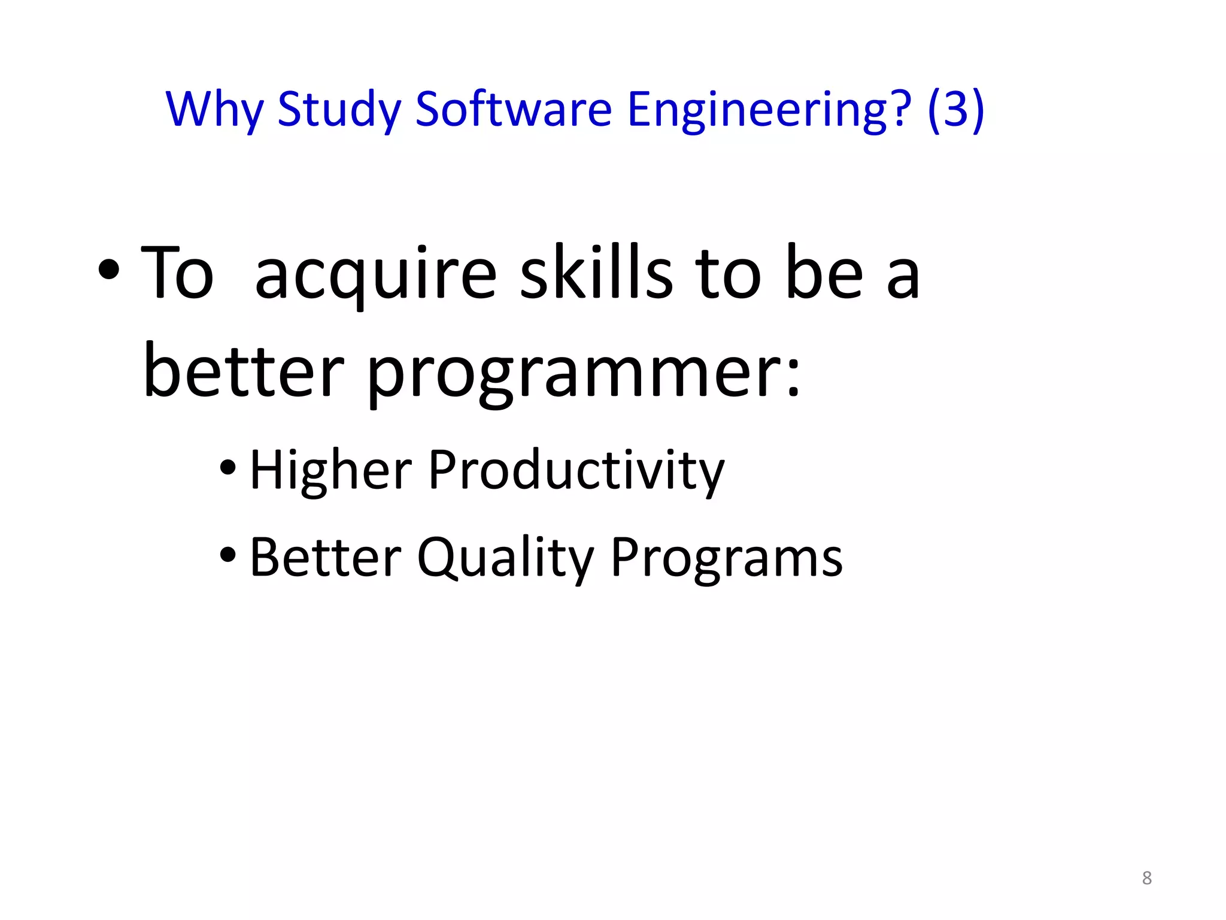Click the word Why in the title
click(x=214, y=110)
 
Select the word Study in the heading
click(x=339, y=110)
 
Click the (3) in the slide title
click(x=955, y=110)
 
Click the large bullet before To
click(x=109, y=271)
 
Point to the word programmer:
click(x=584, y=374)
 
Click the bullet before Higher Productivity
click(x=228, y=468)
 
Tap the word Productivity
click(x=576, y=471)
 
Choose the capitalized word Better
click(x=326, y=557)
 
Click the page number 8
click(x=1146, y=878)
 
